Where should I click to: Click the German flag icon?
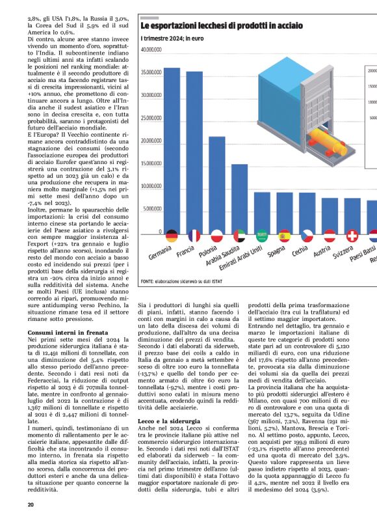(x=172, y=236)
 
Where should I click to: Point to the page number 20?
(x=31, y=504)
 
